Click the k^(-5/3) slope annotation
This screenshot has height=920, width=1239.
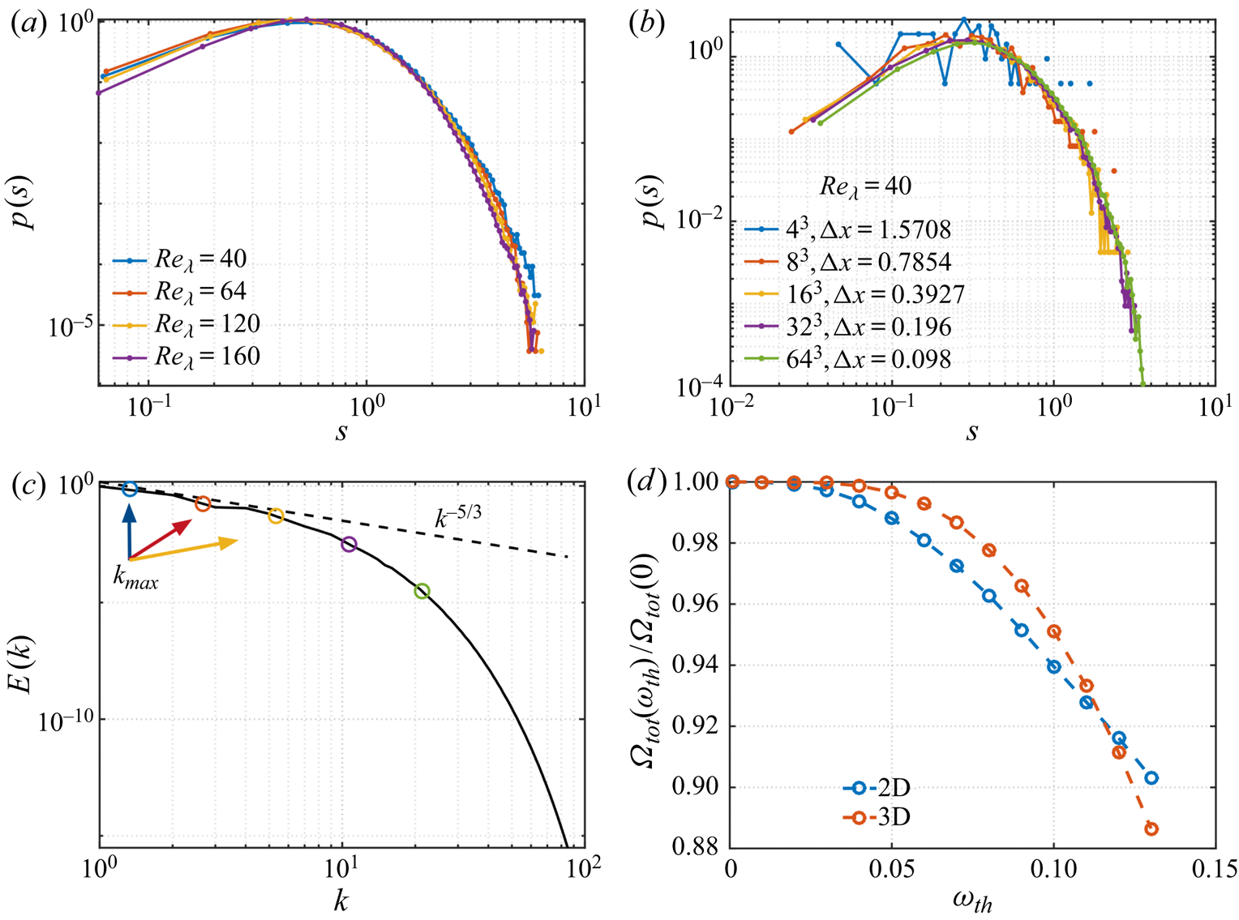coord(458,517)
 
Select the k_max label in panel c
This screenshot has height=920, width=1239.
coord(135,580)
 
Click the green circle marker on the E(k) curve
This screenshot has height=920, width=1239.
coord(422,592)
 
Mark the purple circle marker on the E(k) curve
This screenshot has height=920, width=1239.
coord(349,545)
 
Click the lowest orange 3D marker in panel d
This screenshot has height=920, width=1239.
coord(1151,829)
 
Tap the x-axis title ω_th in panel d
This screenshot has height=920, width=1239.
coord(971,900)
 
